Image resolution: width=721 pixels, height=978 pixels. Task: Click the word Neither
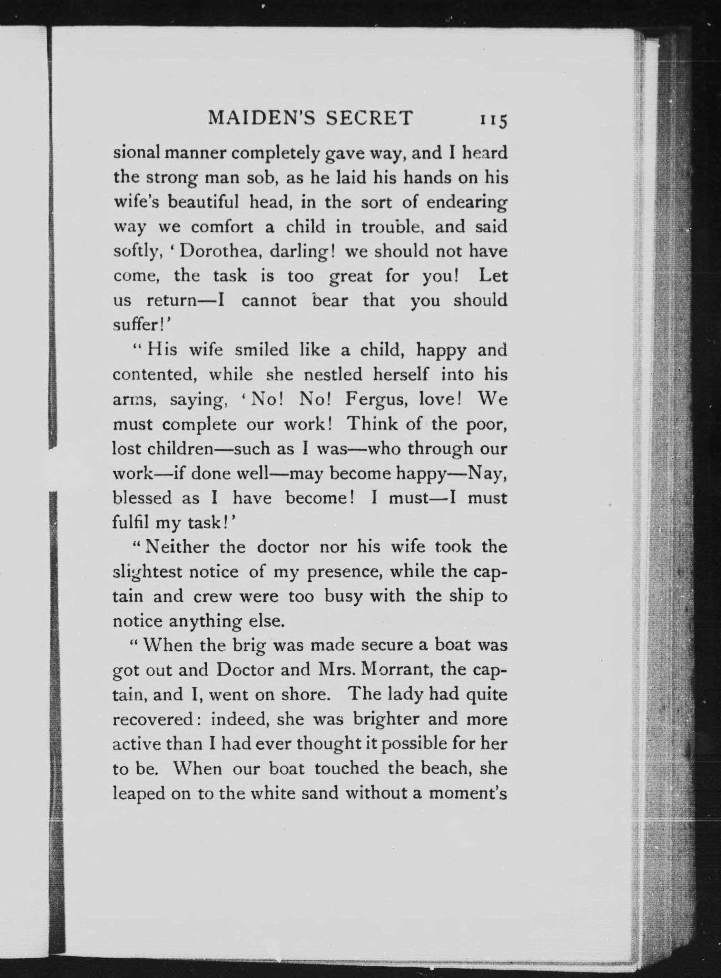pos(177,547)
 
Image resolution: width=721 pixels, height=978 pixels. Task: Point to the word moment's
pos(468,792)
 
